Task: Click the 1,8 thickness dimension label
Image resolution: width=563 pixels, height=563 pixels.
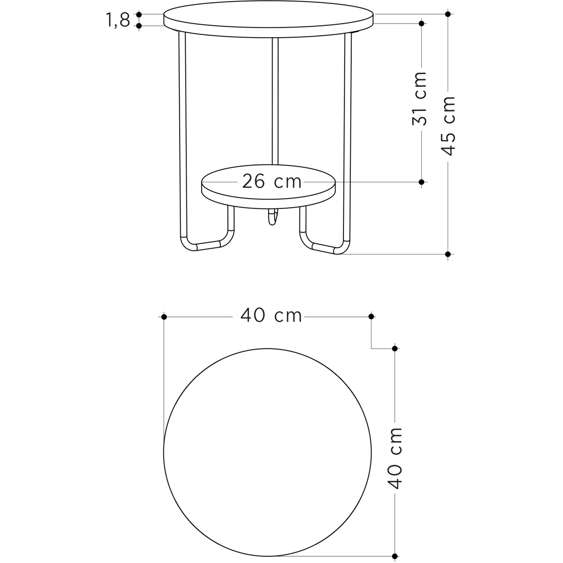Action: click(x=117, y=20)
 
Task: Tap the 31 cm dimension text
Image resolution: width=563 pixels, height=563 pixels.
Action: click(x=420, y=99)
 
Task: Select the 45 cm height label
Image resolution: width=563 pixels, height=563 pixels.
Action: click(x=448, y=126)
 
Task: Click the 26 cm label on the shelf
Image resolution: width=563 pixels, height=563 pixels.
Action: click(x=272, y=181)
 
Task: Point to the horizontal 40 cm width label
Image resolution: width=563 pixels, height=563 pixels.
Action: click(x=271, y=316)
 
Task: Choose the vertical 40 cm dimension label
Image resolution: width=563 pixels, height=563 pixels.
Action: click(x=395, y=458)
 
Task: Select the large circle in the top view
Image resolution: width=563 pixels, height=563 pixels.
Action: click(x=267, y=452)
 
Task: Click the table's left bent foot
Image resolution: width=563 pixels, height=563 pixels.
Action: click(x=206, y=243)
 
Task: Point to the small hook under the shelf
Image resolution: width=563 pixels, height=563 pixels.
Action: click(x=272, y=217)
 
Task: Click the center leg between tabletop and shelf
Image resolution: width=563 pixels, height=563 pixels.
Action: click(x=275, y=101)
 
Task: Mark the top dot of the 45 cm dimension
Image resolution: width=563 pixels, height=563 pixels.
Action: click(x=448, y=14)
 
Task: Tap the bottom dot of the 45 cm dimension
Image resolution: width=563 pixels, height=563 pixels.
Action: click(x=448, y=254)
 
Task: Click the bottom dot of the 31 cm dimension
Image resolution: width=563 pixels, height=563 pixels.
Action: click(x=421, y=182)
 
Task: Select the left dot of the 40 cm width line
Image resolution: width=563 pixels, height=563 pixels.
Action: click(x=164, y=317)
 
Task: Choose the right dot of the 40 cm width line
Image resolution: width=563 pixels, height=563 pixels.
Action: click(x=371, y=317)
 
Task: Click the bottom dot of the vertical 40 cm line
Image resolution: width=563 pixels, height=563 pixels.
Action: click(x=395, y=556)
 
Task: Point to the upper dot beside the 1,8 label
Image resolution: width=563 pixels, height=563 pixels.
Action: click(x=139, y=15)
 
